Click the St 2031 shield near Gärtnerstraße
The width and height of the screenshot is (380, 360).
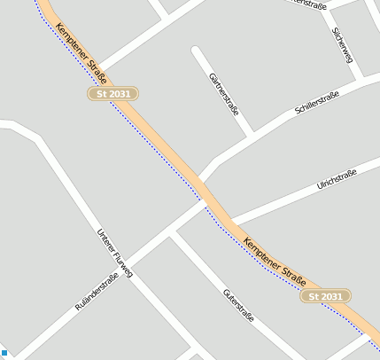point(113,93)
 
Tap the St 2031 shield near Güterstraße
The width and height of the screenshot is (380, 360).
point(327,295)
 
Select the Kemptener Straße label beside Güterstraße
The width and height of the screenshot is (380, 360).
point(274,257)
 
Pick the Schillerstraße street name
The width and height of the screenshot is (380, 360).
point(317,102)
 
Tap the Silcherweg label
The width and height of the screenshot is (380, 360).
point(342,43)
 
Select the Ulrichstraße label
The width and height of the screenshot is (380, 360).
point(336,179)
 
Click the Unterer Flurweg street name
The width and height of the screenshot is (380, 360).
point(114,253)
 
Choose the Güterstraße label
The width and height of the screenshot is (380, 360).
point(239,305)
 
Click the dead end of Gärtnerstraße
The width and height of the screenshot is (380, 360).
point(197,51)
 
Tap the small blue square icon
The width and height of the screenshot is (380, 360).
point(4,354)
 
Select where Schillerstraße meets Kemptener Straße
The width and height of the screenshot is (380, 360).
point(205,179)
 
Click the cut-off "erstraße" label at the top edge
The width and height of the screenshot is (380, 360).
point(309,4)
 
